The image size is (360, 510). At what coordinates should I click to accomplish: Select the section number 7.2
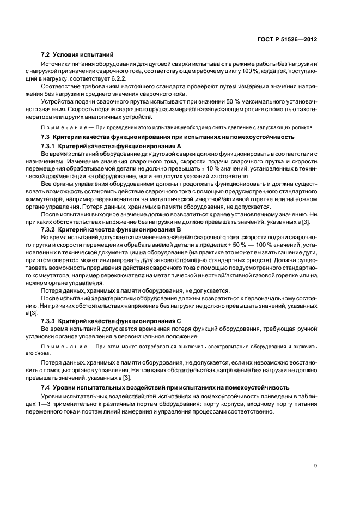[46, 54]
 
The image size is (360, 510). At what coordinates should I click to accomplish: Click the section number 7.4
[46, 387]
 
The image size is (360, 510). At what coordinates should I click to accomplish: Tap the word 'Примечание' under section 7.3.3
[58, 345]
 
